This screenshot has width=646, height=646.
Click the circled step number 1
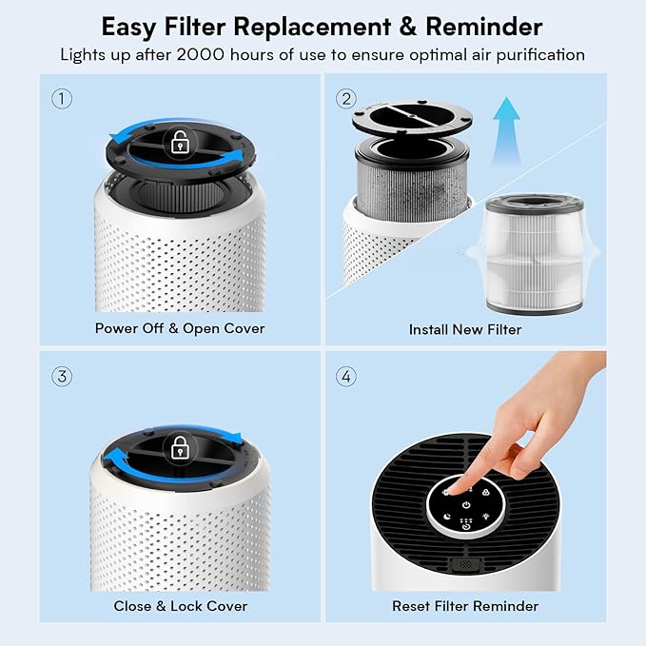(x=62, y=98)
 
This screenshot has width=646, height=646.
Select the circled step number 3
(x=62, y=376)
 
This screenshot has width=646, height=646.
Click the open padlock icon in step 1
(x=178, y=144)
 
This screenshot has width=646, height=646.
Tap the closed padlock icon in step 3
(x=178, y=445)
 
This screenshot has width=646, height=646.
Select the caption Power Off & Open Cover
(x=180, y=328)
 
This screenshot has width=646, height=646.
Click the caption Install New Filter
(x=465, y=329)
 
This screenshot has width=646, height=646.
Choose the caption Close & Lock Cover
(x=180, y=606)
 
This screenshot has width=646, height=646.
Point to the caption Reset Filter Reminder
(x=465, y=606)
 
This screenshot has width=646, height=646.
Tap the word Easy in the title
(x=131, y=25)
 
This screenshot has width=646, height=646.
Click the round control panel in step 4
(x=464, y=503)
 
